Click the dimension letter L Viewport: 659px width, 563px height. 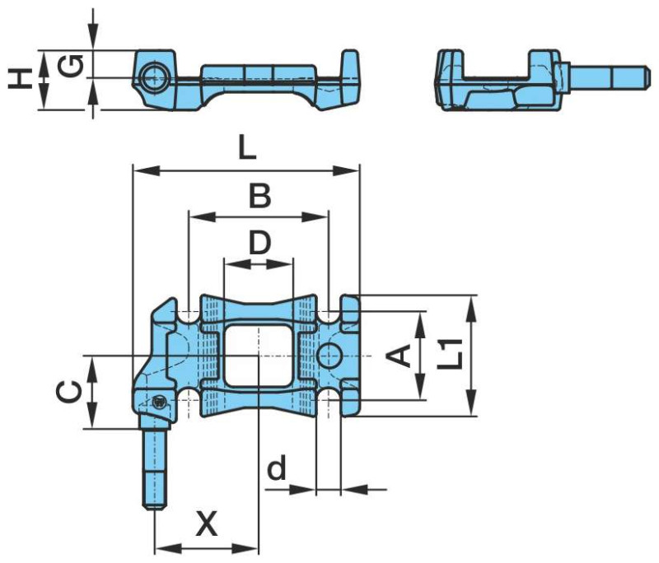tap(247, 148)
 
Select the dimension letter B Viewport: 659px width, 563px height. tap(260, 196)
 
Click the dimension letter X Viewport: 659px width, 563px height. tap(208, 523)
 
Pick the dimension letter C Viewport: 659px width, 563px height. tap(68, 392)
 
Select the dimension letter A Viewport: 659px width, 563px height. tap(399, 356)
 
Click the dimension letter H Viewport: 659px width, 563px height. tap(20, 79)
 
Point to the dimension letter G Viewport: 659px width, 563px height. tap(71, 67)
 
